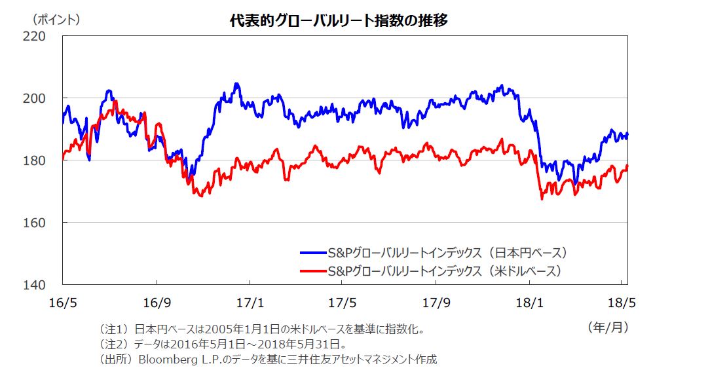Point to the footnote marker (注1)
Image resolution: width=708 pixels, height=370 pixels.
pos(113,329)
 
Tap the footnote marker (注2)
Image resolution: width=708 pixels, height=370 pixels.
pos(113,344)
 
